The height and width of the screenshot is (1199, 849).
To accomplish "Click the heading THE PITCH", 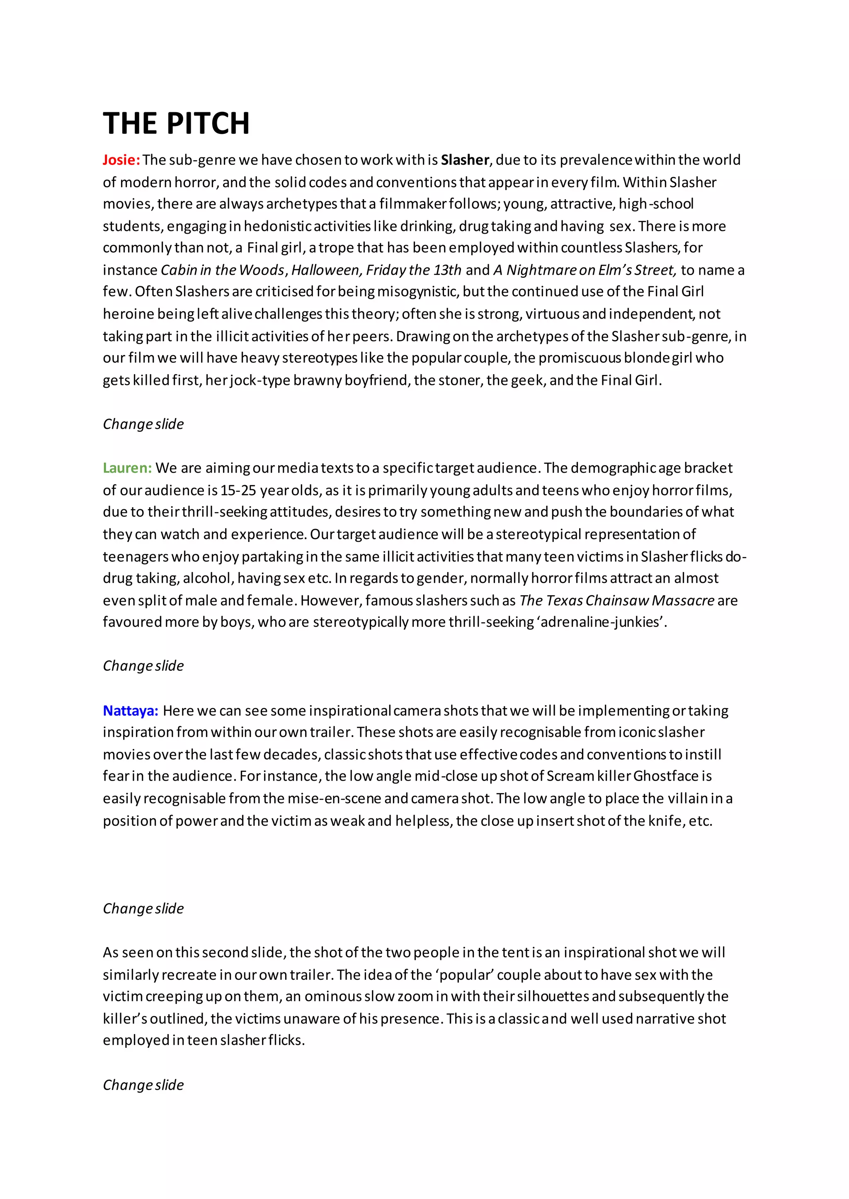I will tap(176, 124).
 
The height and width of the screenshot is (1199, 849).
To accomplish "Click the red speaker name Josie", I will tap(121, 160).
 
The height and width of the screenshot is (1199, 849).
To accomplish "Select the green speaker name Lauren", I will tap(127, 468).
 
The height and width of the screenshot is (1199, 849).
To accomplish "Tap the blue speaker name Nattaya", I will tap(130, 711).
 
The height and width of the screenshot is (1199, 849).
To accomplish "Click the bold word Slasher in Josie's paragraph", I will tap(465, 160).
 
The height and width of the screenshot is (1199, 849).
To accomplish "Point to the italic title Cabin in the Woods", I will tap(223, 270).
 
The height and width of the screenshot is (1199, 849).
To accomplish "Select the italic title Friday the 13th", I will tap(414, 270).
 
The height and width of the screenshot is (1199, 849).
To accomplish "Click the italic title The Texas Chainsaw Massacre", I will tap(617, 601).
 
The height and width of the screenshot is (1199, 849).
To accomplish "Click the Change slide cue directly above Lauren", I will tap(143, 424).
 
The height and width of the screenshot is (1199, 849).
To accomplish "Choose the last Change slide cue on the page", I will tap(143, 1085).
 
